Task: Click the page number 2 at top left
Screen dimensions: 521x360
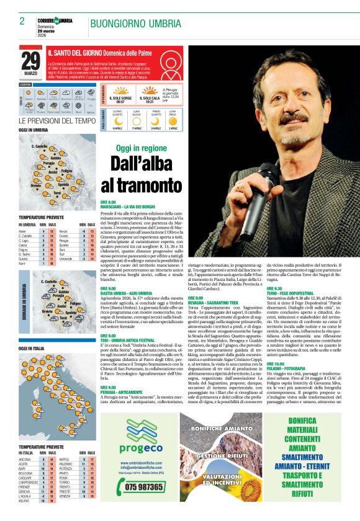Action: pyautogui.click(x=22, y=21)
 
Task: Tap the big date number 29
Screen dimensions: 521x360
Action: pyautogui.click(x=31, y=60)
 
